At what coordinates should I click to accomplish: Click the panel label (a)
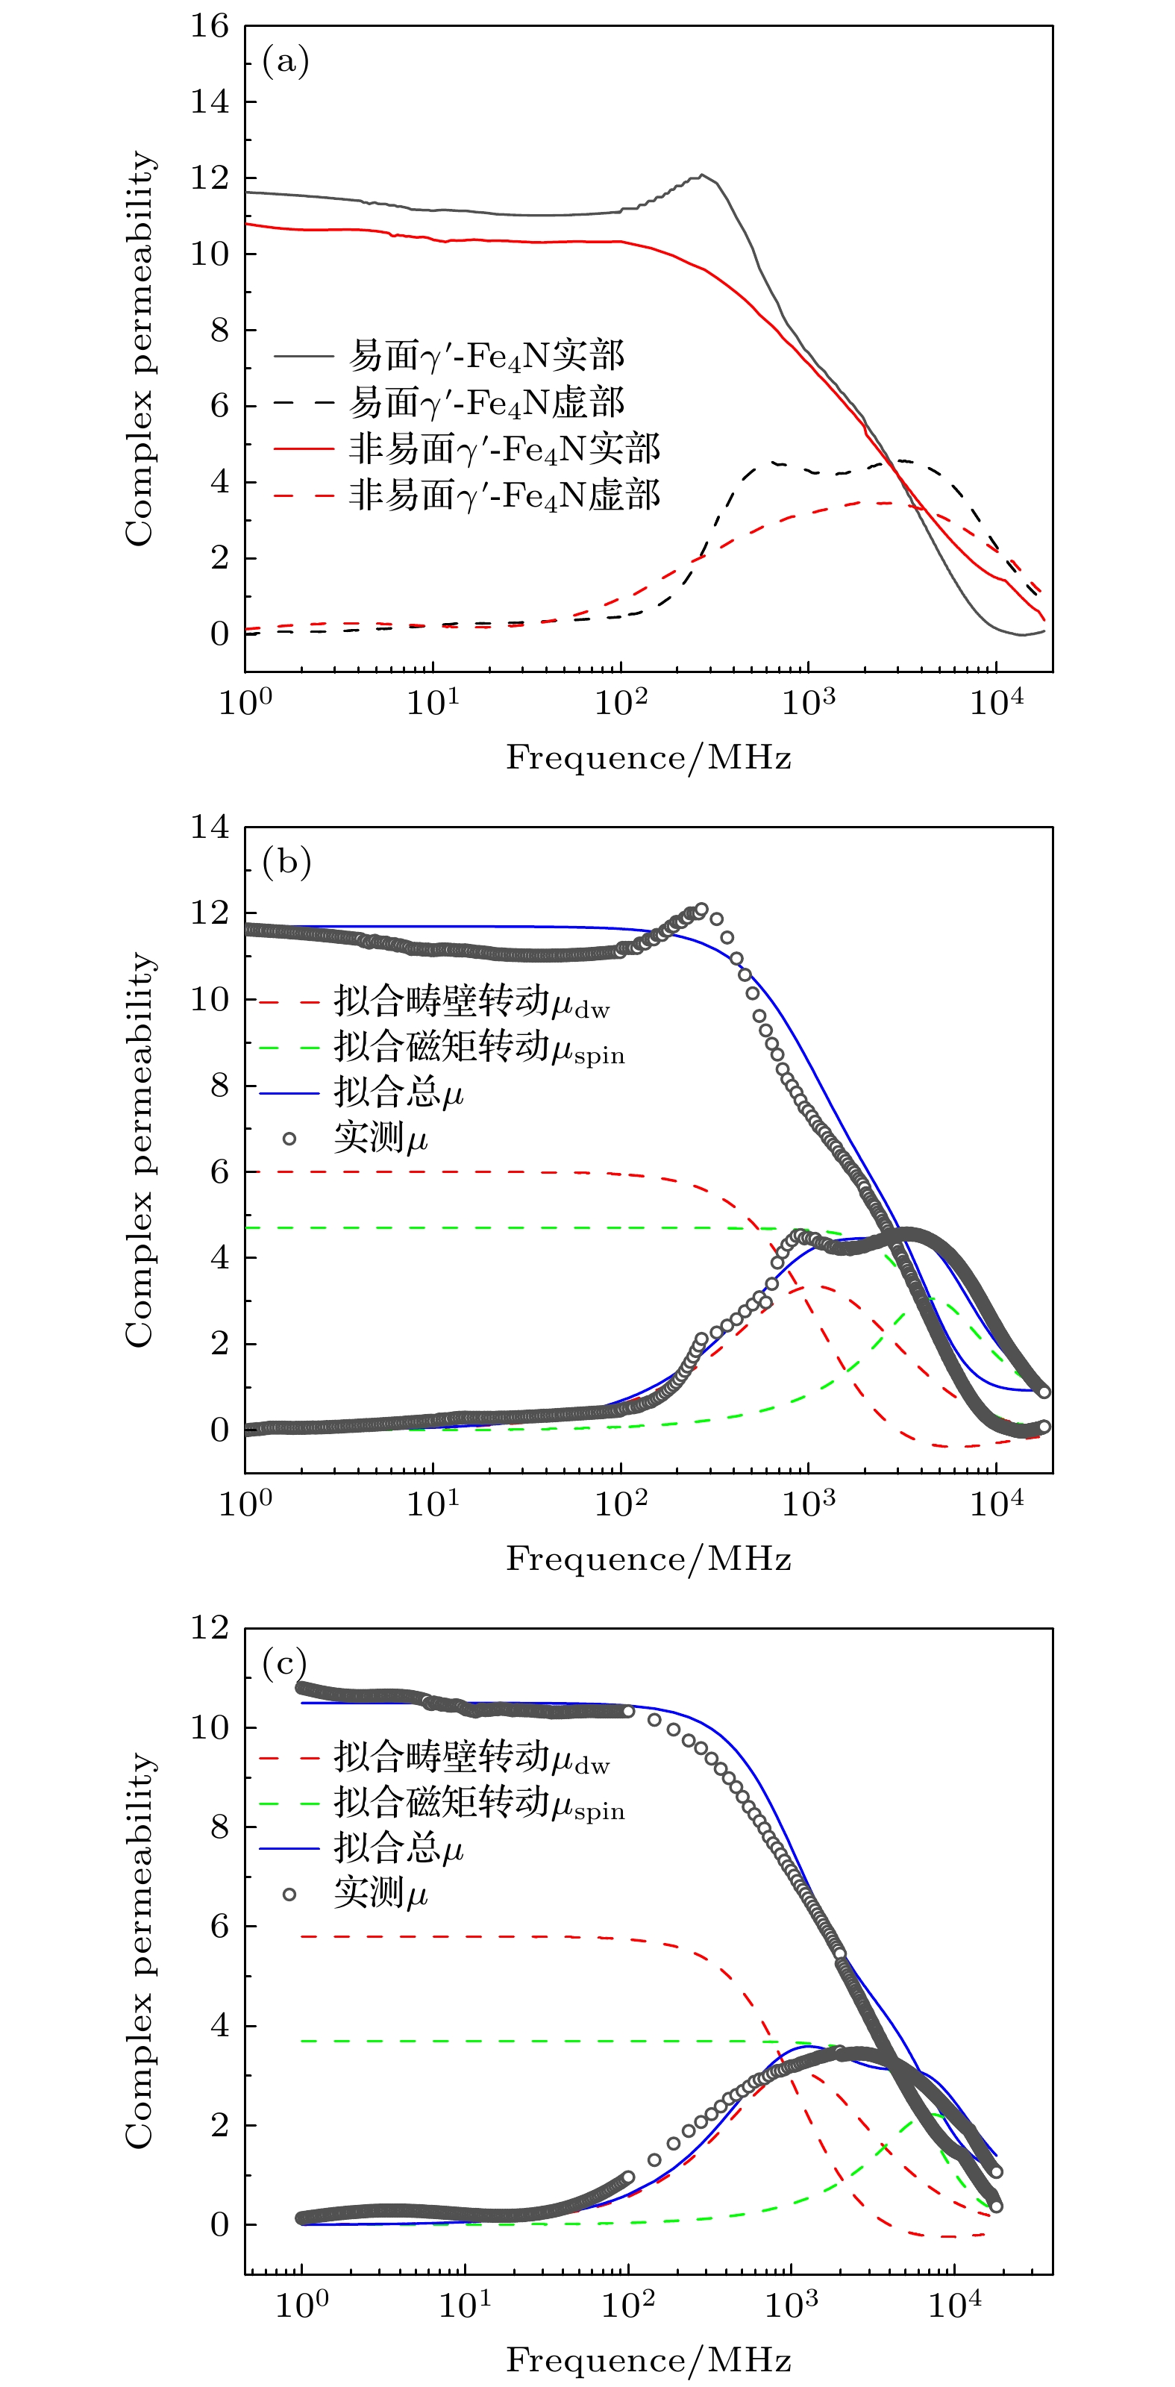(286, 62)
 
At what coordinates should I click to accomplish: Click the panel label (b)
(286, 863)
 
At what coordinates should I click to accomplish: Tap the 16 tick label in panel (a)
(210, 26)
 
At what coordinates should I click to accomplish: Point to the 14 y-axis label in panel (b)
(210, 827)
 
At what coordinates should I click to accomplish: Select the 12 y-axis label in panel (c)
(210, 1627)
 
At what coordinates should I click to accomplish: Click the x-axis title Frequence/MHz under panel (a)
(648, 758)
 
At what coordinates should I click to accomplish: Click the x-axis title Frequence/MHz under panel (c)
(648, 2359)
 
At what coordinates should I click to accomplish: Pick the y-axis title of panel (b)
(139, 1149)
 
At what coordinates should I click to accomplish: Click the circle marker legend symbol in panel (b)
(289, 1139)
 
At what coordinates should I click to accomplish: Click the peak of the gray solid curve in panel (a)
(703, 174)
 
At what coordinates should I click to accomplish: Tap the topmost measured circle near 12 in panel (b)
(701, 910)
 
